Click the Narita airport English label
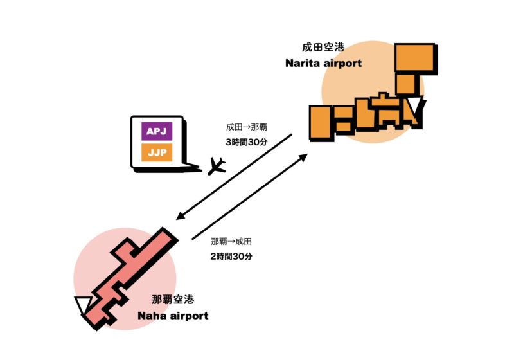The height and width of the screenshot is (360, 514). [x=323, y=64]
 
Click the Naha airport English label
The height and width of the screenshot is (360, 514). [x=173, y=316]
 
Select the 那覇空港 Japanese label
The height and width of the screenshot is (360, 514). [x=173, y=300]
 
